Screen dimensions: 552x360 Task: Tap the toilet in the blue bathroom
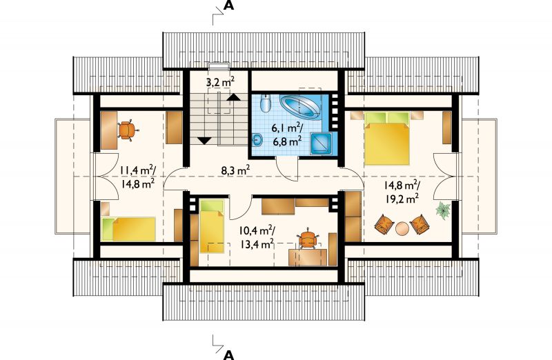click(265, 103)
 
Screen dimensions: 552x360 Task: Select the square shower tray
click(321, 143)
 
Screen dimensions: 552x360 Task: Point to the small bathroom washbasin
click(257, 140)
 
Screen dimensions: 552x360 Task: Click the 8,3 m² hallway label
click(235, 170)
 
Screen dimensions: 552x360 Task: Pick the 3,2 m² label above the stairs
click(220, 82)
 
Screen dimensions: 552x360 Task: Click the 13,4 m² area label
click(257, 243)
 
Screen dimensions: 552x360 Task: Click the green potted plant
click(443, 210)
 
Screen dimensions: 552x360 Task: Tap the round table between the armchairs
click(402, 228)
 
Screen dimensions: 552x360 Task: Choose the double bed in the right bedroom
click(387, 138)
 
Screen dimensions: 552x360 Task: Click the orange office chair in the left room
click(127, 130)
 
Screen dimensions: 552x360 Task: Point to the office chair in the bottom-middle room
click(308, 239)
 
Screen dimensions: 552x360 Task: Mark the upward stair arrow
click(233, 97)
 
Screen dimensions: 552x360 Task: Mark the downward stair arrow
click(204, 141)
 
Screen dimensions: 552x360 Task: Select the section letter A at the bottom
click(229, 354)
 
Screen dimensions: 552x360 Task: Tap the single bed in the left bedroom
click(128, 229)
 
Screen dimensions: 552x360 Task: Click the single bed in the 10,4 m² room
click(212, 226)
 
